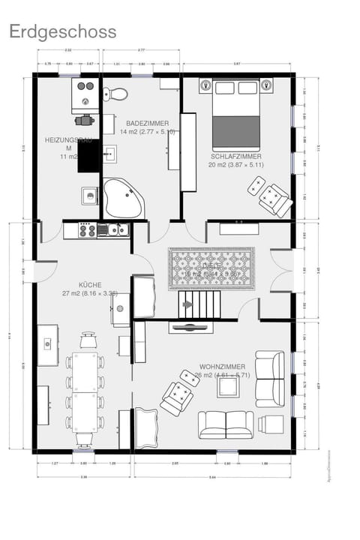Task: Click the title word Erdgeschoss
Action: tap(63, 31)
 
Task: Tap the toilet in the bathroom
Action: tap(115, 94)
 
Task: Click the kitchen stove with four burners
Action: tap(85, 230)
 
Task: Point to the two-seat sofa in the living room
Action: tap(225, 424)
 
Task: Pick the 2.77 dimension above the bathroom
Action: tap(141, 50)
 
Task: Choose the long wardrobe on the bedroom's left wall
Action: tap(188, 152)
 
